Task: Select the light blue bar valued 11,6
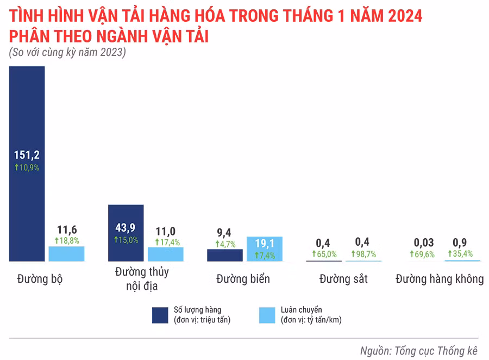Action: pos(66,254)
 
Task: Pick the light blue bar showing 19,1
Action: pos(265,249)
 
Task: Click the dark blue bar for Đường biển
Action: pos(225,255)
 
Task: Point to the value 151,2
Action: pos(27,154)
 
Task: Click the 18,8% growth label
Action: pos(66,240)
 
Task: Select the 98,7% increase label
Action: pos(363,254)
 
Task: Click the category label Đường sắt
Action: pos(343,279)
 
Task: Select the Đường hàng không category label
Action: pos(440,279)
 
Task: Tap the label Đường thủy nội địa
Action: pos(142,278)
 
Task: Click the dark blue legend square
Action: pos(160,315)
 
